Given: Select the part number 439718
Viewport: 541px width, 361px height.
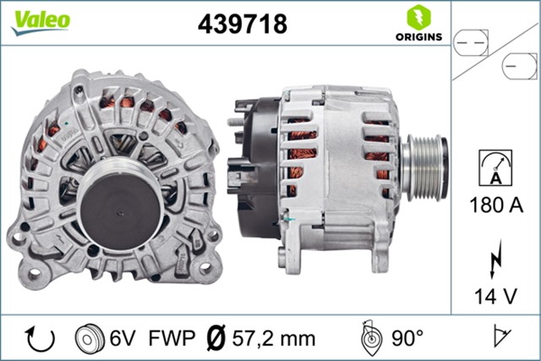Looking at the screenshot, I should click(242, 24).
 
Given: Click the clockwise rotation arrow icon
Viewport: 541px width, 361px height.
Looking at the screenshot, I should click(41, 338).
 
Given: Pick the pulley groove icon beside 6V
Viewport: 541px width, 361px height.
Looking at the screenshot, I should click(90, 338).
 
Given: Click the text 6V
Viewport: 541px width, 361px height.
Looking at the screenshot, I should click(121, 338).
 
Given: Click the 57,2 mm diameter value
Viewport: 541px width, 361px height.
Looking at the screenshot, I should click(272, 338).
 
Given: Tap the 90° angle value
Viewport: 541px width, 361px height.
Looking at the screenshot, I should click(407, 338).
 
